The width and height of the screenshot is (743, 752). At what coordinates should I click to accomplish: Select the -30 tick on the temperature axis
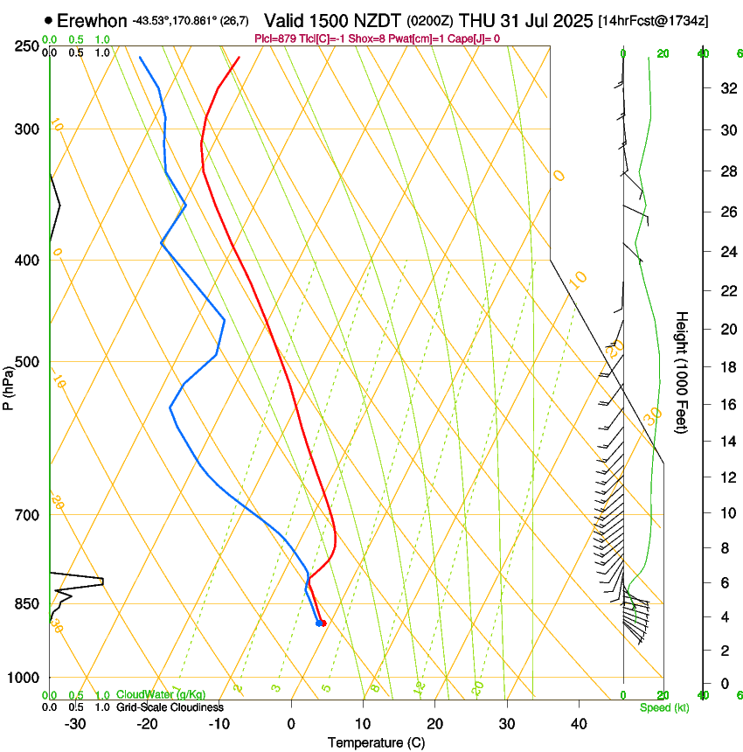75,724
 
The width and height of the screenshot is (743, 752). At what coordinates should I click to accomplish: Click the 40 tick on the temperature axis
579,724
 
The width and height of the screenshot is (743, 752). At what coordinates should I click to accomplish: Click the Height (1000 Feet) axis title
683,372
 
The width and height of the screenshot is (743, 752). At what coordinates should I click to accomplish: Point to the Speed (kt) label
663,707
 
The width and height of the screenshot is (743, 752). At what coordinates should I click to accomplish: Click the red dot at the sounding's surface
323,623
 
